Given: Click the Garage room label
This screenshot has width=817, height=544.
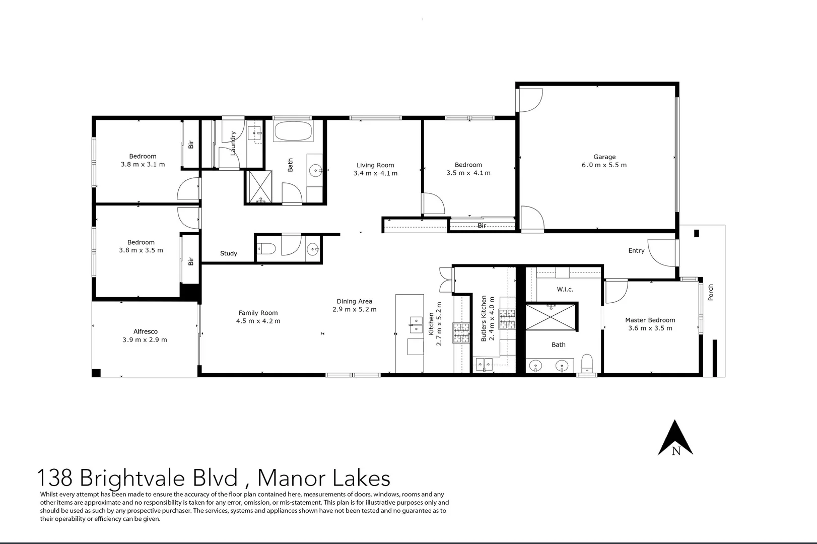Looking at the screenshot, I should click(x=604, y=157).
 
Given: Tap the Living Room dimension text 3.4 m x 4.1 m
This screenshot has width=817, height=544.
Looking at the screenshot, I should click(x=375, y=173).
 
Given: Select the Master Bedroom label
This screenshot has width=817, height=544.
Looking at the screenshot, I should click(x=650, y=320).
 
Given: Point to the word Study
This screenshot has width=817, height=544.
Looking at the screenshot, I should click(x=228, y=253).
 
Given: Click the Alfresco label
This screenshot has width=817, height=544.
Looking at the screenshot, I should click(x=145, y=331).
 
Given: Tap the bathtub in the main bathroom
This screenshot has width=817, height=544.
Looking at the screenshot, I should click(x=293, y=132).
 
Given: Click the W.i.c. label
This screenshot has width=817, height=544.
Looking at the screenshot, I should click(x=565, y=289).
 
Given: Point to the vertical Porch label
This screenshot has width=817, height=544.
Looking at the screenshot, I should click(x=711, y=293).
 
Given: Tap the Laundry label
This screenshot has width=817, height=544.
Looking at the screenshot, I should click(x=233, y=143).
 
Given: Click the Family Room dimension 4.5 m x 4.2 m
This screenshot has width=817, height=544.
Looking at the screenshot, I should click(x=258, y=321).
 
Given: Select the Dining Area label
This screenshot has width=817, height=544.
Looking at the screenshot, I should click(x=354, y=301).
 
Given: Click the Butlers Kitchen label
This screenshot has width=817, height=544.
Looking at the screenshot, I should click(x=484, y=318).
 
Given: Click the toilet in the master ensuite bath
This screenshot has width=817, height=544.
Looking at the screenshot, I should click(x=587, y=364).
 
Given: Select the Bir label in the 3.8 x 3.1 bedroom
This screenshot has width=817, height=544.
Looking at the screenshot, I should click(x=191, y=145).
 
